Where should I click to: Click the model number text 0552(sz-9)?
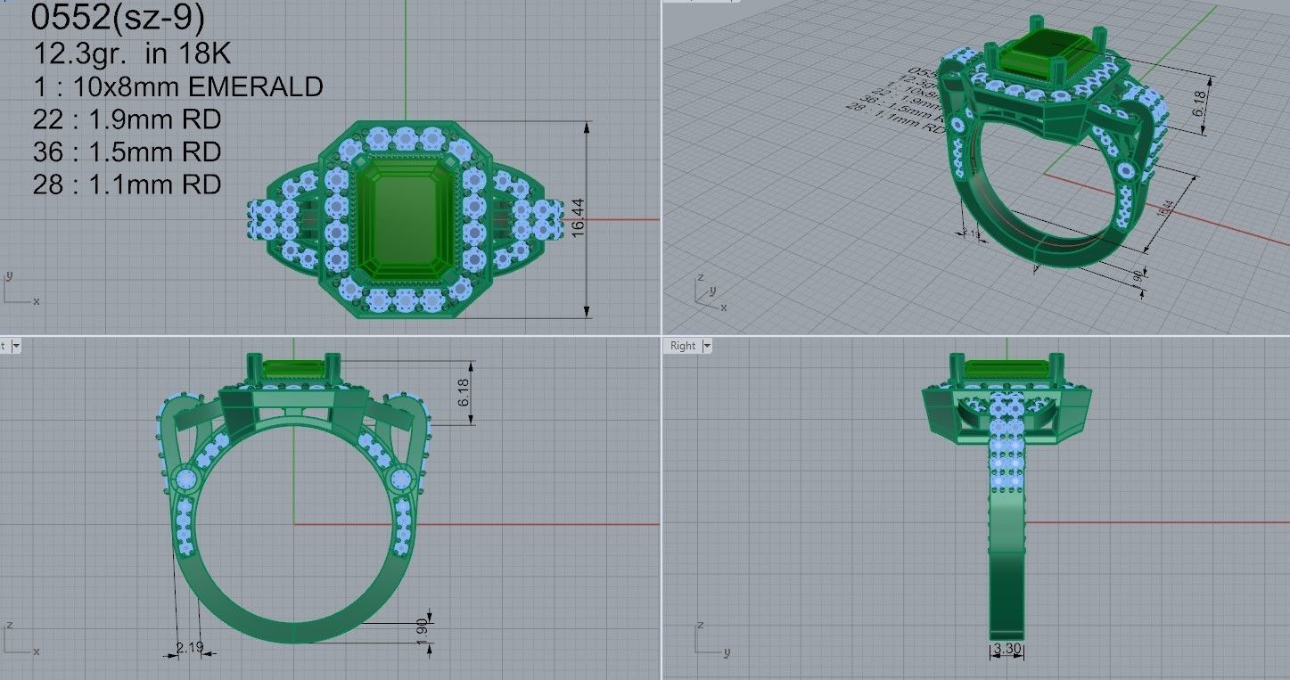tap(117, 18)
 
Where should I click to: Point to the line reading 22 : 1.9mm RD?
tap(127, 119)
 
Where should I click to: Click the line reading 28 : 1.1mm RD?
tap(127, 184)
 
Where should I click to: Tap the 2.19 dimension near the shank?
tap(188, 647)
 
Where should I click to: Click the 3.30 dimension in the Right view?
tap(1007, 649)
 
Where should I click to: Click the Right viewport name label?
tap(682, 346)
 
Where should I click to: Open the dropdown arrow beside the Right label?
tap(707, 346)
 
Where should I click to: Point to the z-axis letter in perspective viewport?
tap(703, 276)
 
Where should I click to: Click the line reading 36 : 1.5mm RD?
tap(127, 152)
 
